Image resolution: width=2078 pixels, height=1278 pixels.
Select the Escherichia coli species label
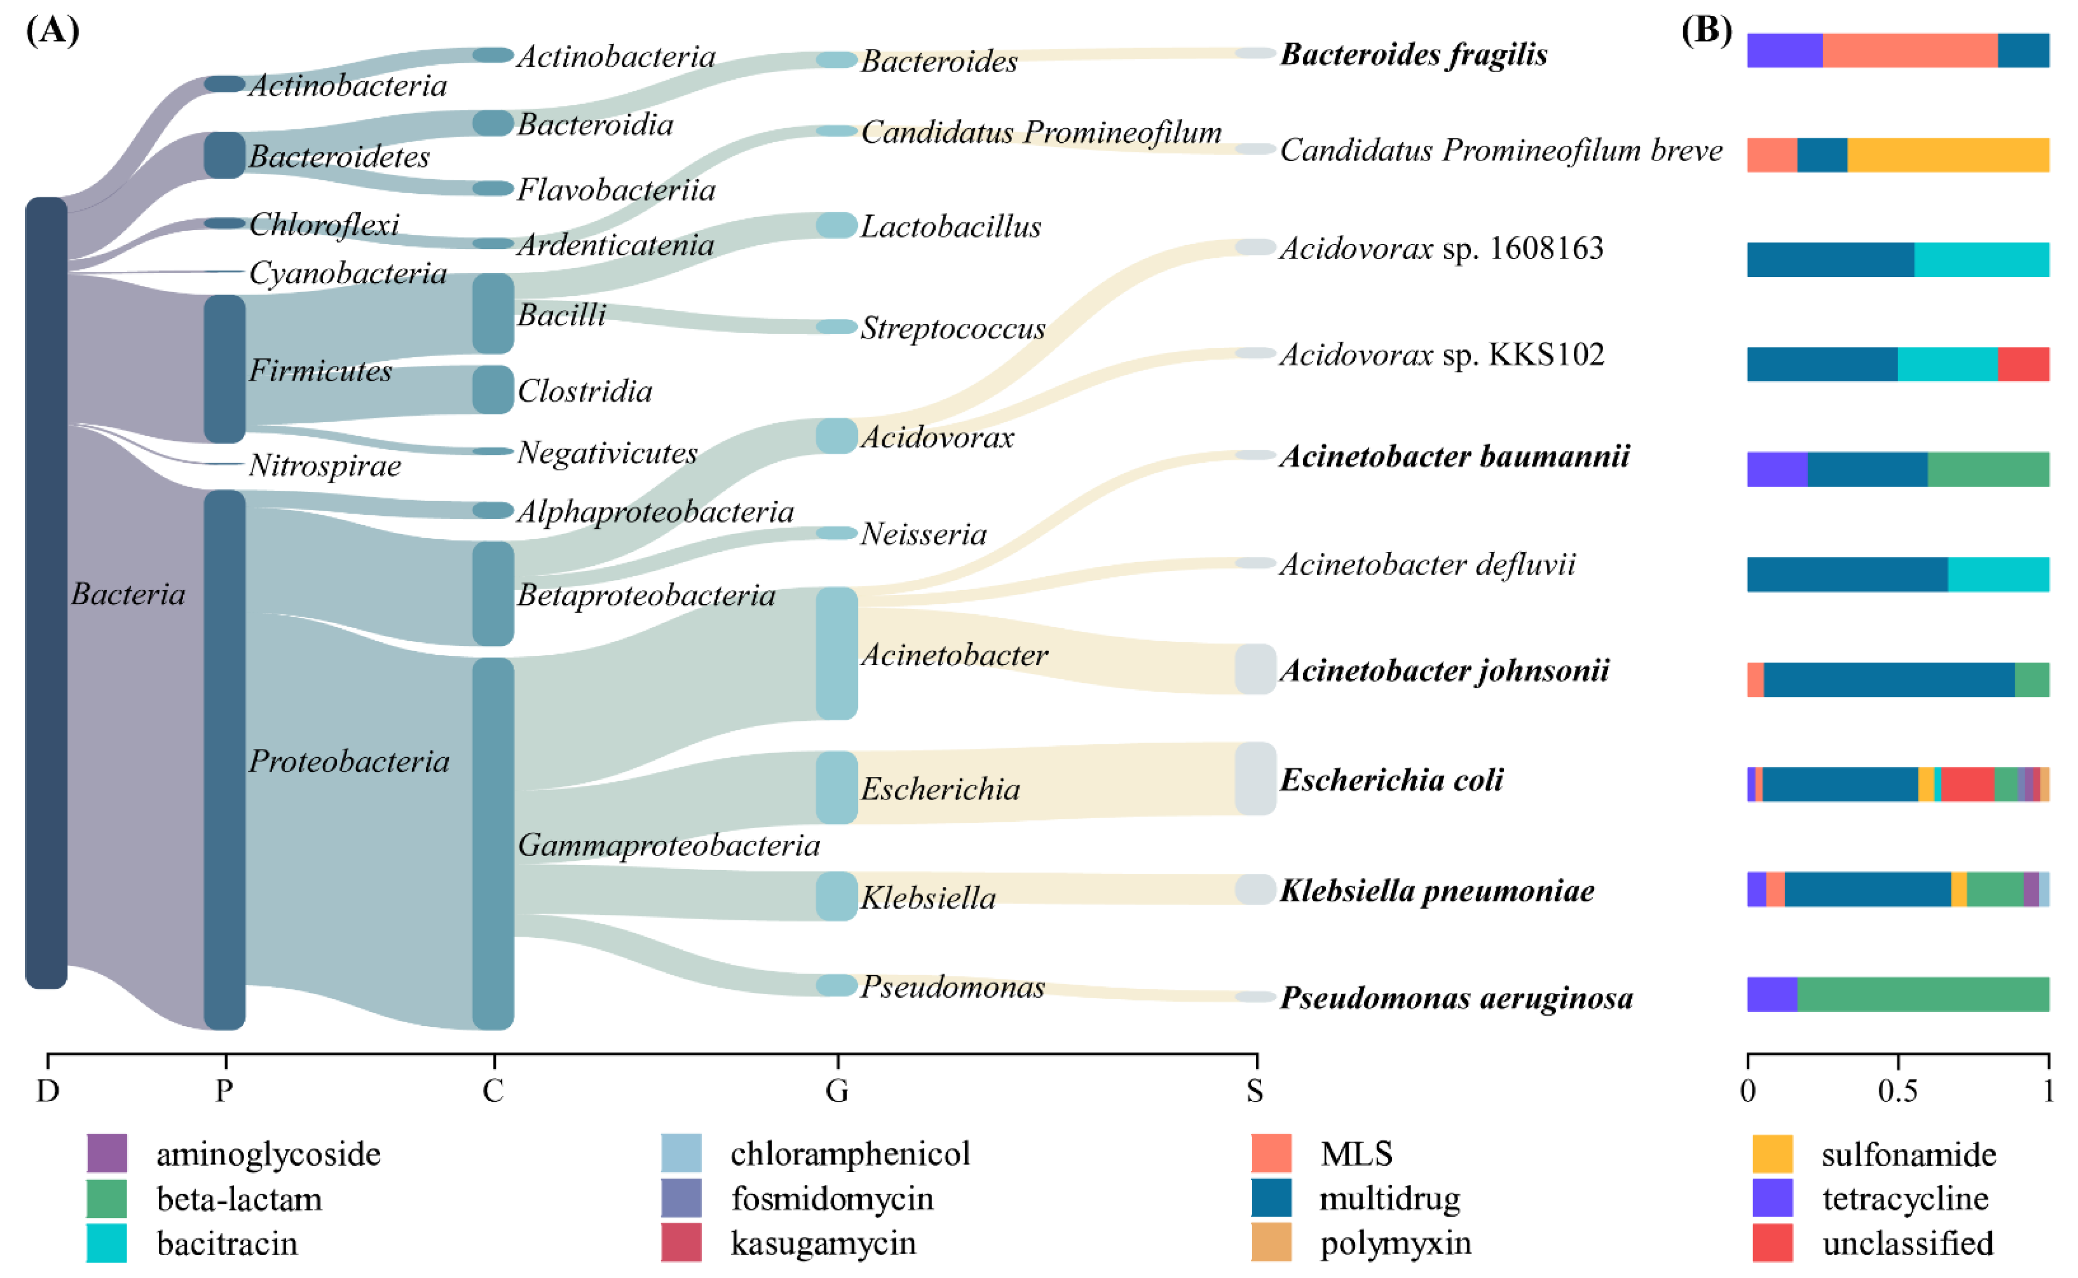point(1391,779)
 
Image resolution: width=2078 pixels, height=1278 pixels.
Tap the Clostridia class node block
point(493,390)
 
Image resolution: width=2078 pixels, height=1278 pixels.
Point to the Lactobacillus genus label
point(951,227)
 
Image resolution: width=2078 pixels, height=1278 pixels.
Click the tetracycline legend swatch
point(1772,1198)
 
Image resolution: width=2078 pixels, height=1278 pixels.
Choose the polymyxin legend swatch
point(1271,1242)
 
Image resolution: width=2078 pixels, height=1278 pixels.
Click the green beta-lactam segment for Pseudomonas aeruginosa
point(1922,994)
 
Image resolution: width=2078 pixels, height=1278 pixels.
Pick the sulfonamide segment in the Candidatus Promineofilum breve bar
point(1948,155)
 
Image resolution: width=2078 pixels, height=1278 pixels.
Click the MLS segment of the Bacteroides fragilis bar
point(1910,50)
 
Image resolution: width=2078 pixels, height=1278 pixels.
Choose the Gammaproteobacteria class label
point(668,845)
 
